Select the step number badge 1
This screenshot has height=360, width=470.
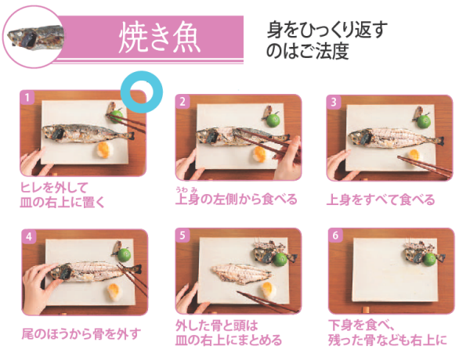pos(28,99)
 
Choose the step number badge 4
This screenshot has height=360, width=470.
pos(30,236)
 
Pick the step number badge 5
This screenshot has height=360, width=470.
pos(183,235)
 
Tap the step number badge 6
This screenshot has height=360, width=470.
pos(335,235)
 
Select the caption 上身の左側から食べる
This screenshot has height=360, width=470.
pos(236,200)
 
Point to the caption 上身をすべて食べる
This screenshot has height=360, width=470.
pos(381,200)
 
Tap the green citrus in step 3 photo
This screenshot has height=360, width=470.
pos(426,121)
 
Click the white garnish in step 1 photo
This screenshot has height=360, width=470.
pos(103,150)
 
